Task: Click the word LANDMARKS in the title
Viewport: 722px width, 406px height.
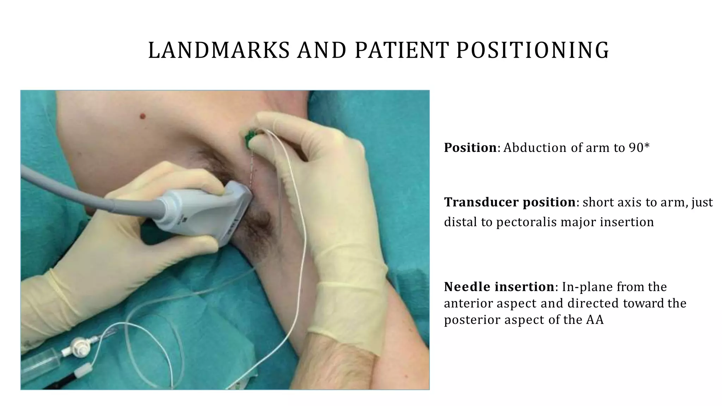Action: [219, 50]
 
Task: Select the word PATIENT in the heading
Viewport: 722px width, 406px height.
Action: [402, 50]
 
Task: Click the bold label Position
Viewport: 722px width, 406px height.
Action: [470, 148]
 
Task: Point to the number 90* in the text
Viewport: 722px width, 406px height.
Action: [639, 148]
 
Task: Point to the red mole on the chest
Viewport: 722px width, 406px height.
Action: [143, 116]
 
